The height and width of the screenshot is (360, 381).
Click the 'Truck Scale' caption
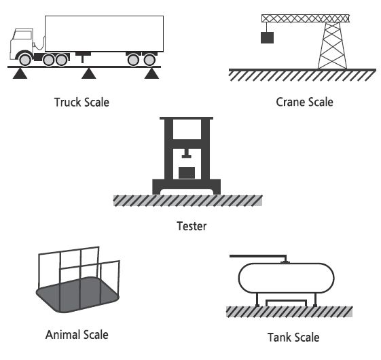click(x=81, y=102)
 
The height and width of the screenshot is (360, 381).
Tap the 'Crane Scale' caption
click(x=304, y=102)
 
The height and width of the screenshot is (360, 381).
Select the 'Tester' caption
click(x=192, y=226)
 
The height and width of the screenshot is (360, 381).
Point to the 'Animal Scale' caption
click(x=77, y=335)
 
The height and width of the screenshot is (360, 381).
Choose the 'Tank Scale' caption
click(x=293, y=338)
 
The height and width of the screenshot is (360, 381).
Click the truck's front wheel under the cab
click(x=25, y=60)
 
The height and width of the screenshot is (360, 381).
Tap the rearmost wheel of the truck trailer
click(x=149, y=60)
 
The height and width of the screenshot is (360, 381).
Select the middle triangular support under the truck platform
click(x=89, y=73)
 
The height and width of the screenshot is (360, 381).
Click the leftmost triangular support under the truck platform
click(x=20, y=73)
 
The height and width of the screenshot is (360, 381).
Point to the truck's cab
click(x=21, y=43)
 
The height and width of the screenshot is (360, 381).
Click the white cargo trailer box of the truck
click(x=104, y=34)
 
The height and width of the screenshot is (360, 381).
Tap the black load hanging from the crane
click(x=268, y=37)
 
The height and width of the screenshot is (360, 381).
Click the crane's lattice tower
click(x=332, y=46)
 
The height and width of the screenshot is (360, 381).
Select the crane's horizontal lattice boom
click(x=306, y=18)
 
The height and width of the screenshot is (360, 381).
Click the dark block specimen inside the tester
click(x=187, y=173)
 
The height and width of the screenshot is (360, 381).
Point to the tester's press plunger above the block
click(x=186, y=154)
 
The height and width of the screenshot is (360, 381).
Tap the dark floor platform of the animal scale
click(x=77, y=295)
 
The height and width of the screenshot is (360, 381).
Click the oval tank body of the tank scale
click(x=286, y=278)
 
